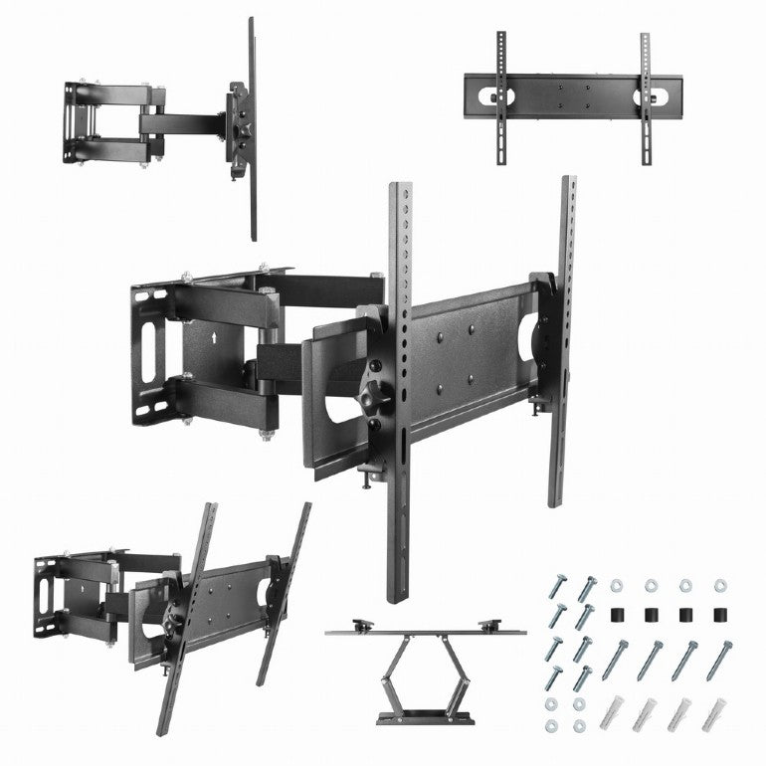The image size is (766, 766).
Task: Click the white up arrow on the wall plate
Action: tap(215, 336)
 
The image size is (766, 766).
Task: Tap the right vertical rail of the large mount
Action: tap(562, 338)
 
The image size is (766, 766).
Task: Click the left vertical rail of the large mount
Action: tap(399, 388)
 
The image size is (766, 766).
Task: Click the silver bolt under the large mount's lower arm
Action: tap(266, 434)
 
